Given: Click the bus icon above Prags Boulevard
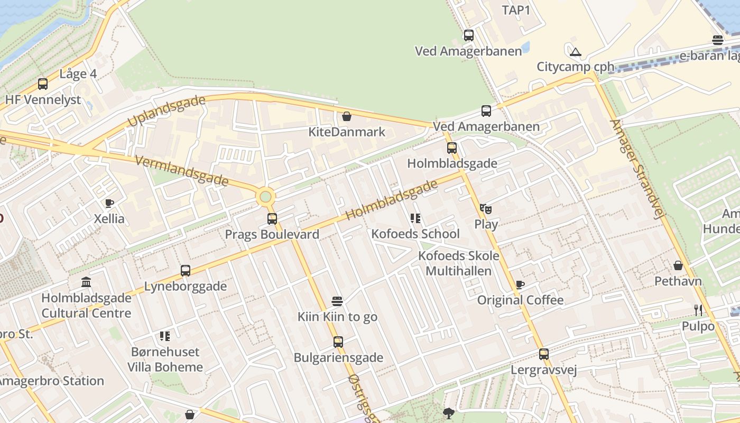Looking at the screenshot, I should (272, 218).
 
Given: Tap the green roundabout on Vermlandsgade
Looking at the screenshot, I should (265, 197).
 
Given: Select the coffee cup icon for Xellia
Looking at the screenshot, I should (109, 203).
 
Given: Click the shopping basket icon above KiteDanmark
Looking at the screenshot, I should (347, 116).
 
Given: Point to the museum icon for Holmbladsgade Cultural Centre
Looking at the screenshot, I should (86, 282).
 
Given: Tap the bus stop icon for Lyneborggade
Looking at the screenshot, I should (186, 271).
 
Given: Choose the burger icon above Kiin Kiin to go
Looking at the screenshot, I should (337, 301).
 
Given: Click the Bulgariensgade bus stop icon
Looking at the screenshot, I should (338, 342).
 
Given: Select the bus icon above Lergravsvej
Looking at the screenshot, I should (544, 354).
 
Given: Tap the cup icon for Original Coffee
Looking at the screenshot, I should (520, 285).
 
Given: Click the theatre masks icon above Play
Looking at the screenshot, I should (486, 209).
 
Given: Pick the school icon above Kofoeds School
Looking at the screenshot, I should (415, 218).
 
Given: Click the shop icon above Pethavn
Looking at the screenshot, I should (678, 265).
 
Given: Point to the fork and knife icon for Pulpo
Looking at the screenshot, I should (698, 310).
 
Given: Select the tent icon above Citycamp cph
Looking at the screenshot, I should (576, 52).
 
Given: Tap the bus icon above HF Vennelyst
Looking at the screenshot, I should (43, 84).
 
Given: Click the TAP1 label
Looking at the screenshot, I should (516, 10).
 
